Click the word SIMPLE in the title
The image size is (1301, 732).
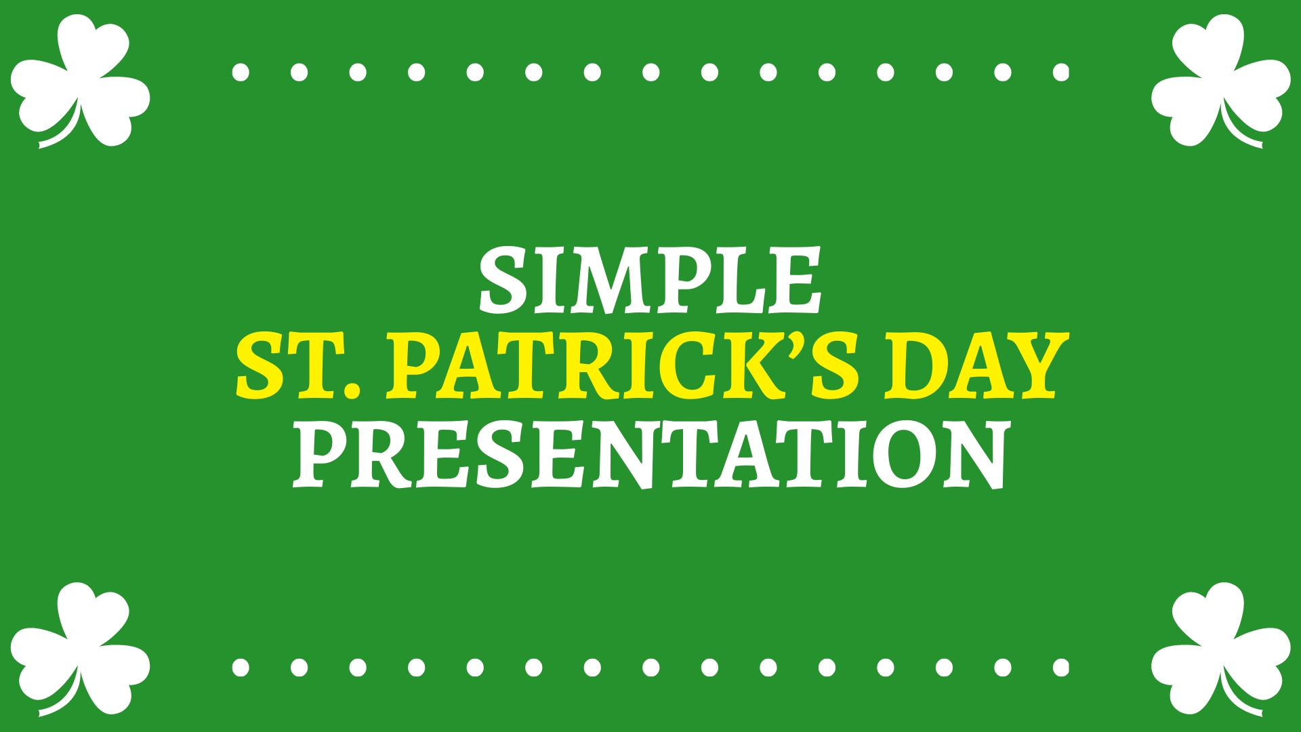tap(650, 281)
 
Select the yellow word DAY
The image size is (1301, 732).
tap(977, 366)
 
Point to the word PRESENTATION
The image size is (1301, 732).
tap(650, 454)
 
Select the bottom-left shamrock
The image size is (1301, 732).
tap(80, 649)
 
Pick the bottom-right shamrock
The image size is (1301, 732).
tap(1221, 649)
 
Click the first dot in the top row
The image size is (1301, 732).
tap(241, 72)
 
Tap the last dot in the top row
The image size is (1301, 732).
tap(1061, 72)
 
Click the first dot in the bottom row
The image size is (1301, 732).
tap(241, 668)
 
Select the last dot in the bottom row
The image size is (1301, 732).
tap(1061, 668)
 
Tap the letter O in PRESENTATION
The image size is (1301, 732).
tap(903, 454)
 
